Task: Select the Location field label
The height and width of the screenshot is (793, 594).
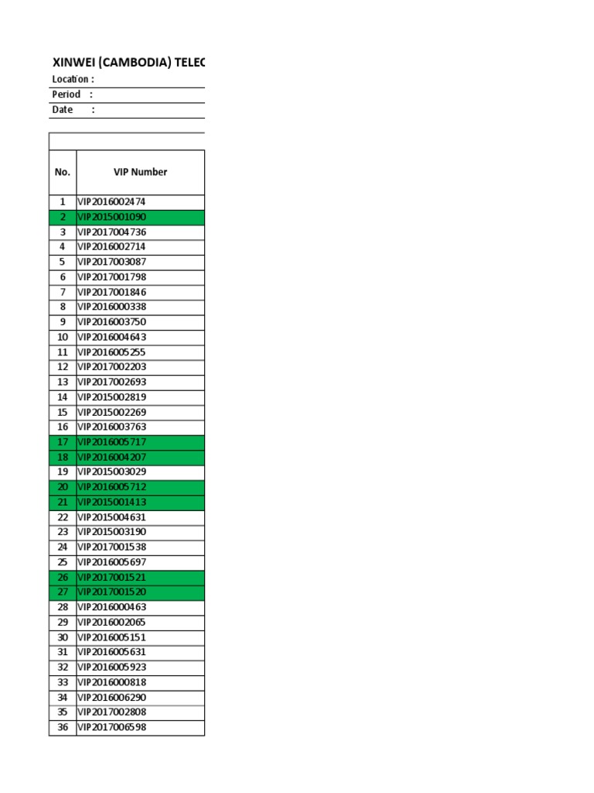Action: click(73, 79)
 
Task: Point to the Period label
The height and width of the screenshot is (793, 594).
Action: click(67, 94)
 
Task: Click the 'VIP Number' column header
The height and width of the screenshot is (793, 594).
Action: click(140, 172)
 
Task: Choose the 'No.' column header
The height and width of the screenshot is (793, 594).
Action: click(63, 172)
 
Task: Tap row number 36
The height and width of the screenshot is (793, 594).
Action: click(63, 727)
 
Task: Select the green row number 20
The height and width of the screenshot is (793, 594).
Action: click(63, 487)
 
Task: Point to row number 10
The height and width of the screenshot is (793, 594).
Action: click(63, 337)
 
